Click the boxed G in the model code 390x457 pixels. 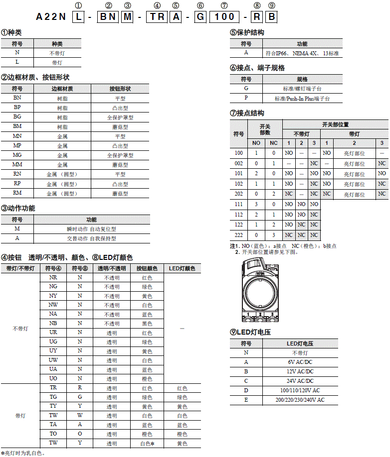pyautogui.click(x=200, y=17)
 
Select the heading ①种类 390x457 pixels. pyautogui.click(x=11, y=32)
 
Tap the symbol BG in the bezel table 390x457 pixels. pyautogui.click(x=17, y=117)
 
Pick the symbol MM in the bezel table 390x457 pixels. pyautogui.click(x=17, y=164)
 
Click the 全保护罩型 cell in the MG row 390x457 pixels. pyautogui.click(x=120, y=155)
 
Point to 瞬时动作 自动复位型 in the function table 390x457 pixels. pyautogui.click(x=92, y=229)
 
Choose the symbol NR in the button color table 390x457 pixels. pyautogui.click(x=53, y=277)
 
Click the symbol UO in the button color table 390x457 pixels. pyautogui.click(x=53, y=378)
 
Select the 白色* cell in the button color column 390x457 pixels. pyautogui.click(x=146, y=443)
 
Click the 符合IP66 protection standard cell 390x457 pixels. pyautogui.click(x=302, y=53)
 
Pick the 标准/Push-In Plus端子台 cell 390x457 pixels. pyautogui.click(x=302, y=99)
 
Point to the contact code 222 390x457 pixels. pyautogui.click(x=239, y=234)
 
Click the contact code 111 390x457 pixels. pyautogui.click(x=239, y=204)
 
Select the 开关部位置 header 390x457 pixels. pyautogui.click(x=335, y=124)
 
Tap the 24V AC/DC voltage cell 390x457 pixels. pyautogui.click(x=300, y=381)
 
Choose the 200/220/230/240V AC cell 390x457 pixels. pyautogui.click(x=300, y=400)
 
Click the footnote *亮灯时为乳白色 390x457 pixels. pyautogui.click(x=24, y=453)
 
